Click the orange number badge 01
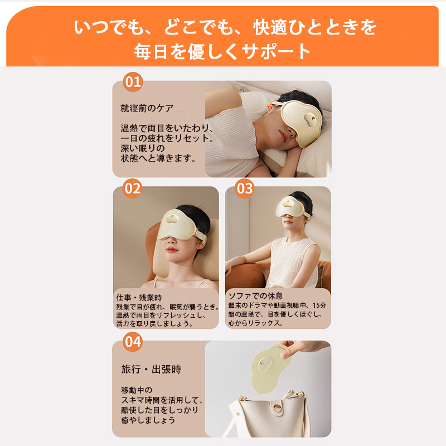click(133, 82)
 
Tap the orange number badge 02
click(133, 188)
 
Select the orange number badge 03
click(244, 188)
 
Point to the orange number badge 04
click(133, 342)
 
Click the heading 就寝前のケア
click(147, 108)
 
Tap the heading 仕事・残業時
click(139, 298)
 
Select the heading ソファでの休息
click(255, 296)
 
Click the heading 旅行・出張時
click(151, 369)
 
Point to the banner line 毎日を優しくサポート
click(222, 51)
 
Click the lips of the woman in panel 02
click(172, 249)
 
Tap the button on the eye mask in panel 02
click(173, 219)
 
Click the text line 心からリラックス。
click(256, 323)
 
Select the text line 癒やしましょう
click(148, 420)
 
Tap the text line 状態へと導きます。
click(158, 158)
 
